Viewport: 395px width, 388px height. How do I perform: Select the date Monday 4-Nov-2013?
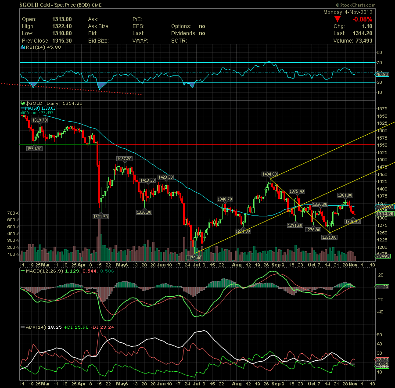pyautogui.click(x=348, y=12)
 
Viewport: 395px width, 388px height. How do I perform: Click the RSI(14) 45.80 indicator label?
pyautogui.click(x=37, y=47)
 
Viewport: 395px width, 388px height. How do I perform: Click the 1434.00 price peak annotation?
pyautogui.click(x=269, y=174)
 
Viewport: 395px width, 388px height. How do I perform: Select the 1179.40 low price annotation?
pyautogui.click(x=194, y=258)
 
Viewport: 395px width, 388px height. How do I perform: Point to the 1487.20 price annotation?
pyautogui.click(x=124, y=158)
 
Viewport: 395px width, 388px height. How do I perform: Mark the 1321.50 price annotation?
pyautogui.click(x=101, y=216)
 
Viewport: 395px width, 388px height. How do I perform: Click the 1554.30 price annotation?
pyautogui.click(x=34, y=149)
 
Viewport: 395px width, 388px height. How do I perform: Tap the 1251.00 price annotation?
pyautogui.click(x=329, y=237)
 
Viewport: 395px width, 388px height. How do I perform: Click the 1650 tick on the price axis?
pyautogui.click(x=382, y=116)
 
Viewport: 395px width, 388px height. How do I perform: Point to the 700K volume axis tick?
pyautogui.click(x=12, y=213)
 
